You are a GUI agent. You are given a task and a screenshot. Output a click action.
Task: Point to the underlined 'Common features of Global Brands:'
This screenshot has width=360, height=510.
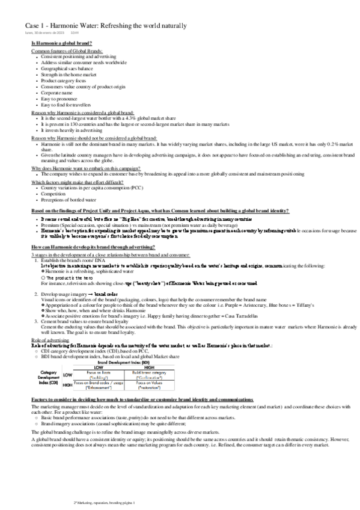(x=67, y=52)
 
